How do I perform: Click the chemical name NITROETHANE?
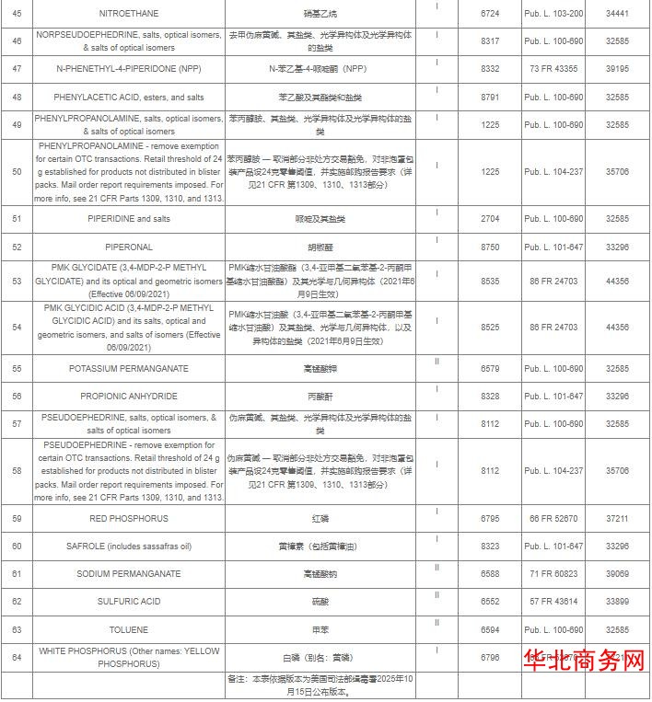click(x=128, y=15)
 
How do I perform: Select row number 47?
click(x=17, y=69)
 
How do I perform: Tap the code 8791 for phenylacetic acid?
click(x=490, y=97)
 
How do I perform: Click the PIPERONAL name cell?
click(x=128, y=247)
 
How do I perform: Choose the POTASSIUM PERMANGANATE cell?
click(x=128, y=369)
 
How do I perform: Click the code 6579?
click(x=490, y=369)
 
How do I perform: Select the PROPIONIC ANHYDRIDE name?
click(x=128, y=397)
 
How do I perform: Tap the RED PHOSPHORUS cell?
click(x=128, y=519)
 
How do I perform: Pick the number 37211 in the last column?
click(x=617, y=519)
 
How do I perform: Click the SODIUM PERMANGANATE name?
click(x=128, y=574)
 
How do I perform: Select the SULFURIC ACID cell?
click(x=128, y=602)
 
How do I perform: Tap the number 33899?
click(x=617, y=602)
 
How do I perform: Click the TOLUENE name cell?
click(x=128, y=629)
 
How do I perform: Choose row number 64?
click(x=17, y=657)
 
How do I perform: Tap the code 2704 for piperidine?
click(x=490, y=219)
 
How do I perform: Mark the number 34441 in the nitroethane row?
click(x=617, y=15)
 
